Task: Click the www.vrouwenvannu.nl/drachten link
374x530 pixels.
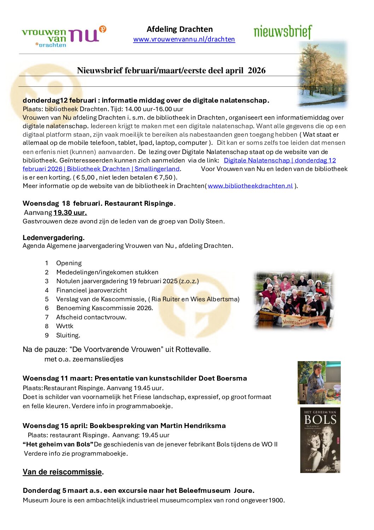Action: (184, 39)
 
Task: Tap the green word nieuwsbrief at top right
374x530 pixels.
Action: (283, 32)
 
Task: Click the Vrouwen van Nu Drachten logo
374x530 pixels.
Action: (64, 36)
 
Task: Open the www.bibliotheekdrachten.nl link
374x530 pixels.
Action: (250, 186)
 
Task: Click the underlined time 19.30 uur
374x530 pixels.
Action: (70, 212)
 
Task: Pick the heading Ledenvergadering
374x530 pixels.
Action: (53, 238)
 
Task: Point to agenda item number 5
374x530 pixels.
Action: (47, 299)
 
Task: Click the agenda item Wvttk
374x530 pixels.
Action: (65, 326)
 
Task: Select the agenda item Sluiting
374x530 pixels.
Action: (68, 335)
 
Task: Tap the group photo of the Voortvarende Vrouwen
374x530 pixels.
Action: (293, 300)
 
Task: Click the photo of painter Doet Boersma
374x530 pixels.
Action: (319, 382)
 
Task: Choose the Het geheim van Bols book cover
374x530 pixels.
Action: (320, 440)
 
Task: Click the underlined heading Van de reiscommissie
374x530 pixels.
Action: (62, 472)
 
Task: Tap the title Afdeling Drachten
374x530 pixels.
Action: (180, 29)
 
